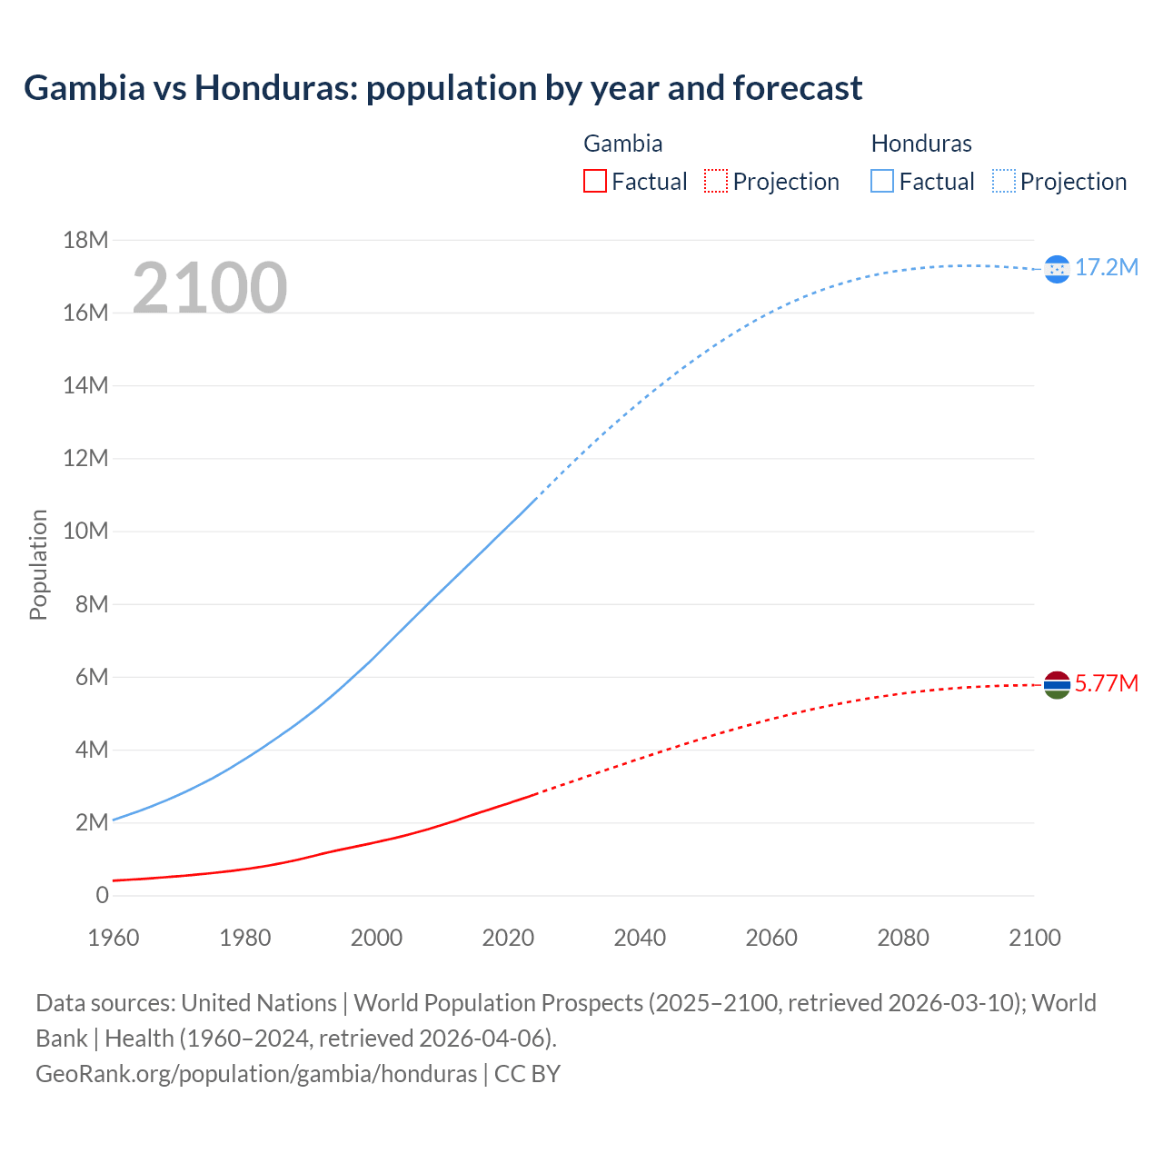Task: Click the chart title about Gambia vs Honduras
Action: [442, 88]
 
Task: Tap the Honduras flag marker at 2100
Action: [1057, 269]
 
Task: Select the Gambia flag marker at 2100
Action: [1057, 685]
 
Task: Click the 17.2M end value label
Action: [1107, 267]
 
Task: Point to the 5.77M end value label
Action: [1107, 683]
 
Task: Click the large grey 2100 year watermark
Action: [210, 288]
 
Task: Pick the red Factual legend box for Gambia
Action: [595, 181]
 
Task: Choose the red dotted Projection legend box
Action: [716, 181]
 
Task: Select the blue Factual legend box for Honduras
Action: [882, 181]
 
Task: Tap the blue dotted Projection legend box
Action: [1004, 181]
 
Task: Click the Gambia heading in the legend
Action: [622, 144]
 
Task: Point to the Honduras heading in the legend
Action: [921, 144]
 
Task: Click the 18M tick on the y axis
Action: [85, 240]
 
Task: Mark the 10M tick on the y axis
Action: [85, 531]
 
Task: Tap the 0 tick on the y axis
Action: [102, 895]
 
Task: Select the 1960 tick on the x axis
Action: [114, 938]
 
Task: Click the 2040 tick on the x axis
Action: [640, 938]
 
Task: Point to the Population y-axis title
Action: [38, 564]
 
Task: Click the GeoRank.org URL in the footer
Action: [256, 1074]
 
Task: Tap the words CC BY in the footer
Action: [527, 1074]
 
